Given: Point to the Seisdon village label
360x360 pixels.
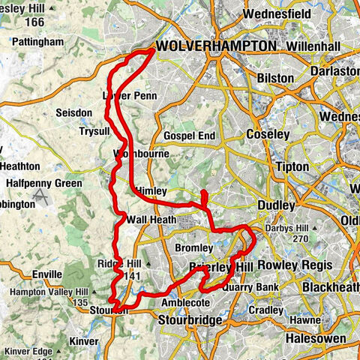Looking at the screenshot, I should pos(73,112).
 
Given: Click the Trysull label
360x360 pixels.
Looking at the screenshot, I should pos(94,130).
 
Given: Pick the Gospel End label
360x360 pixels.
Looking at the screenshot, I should pos(190,136).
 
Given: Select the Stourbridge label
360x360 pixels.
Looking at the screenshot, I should pos(190,320).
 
